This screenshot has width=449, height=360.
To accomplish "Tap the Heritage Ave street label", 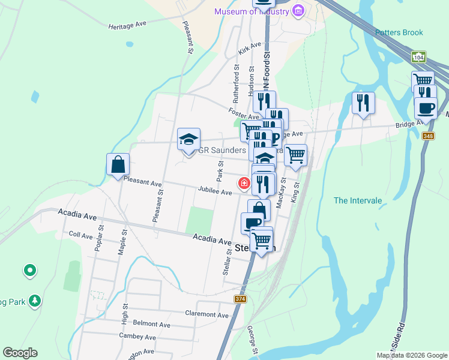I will [x=128, y=26].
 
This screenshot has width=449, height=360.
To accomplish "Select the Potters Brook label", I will [x=399, y=32].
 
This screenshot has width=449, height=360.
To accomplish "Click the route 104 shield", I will [x=419, y=56].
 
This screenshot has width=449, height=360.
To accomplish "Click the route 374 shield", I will [x=241, y=299].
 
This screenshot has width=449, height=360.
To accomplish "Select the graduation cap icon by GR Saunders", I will [x=188, y=140].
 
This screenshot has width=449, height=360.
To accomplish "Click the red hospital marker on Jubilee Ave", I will [x=245, y=183].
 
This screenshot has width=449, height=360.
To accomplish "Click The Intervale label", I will [x=358, y=200].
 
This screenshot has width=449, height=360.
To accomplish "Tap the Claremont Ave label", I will [x=207, y=314].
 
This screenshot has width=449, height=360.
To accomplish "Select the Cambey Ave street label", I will [x=137, y=338].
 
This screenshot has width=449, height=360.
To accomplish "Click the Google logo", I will [x=20, y=353].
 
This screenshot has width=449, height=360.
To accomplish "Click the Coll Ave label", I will [x=80, y=235].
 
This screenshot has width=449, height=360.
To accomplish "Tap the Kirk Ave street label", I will [x=250, y=49].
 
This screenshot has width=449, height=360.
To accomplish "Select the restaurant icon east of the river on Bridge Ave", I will [x=363, y=103].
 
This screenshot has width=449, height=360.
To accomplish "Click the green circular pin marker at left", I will [x=30, y=271].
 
